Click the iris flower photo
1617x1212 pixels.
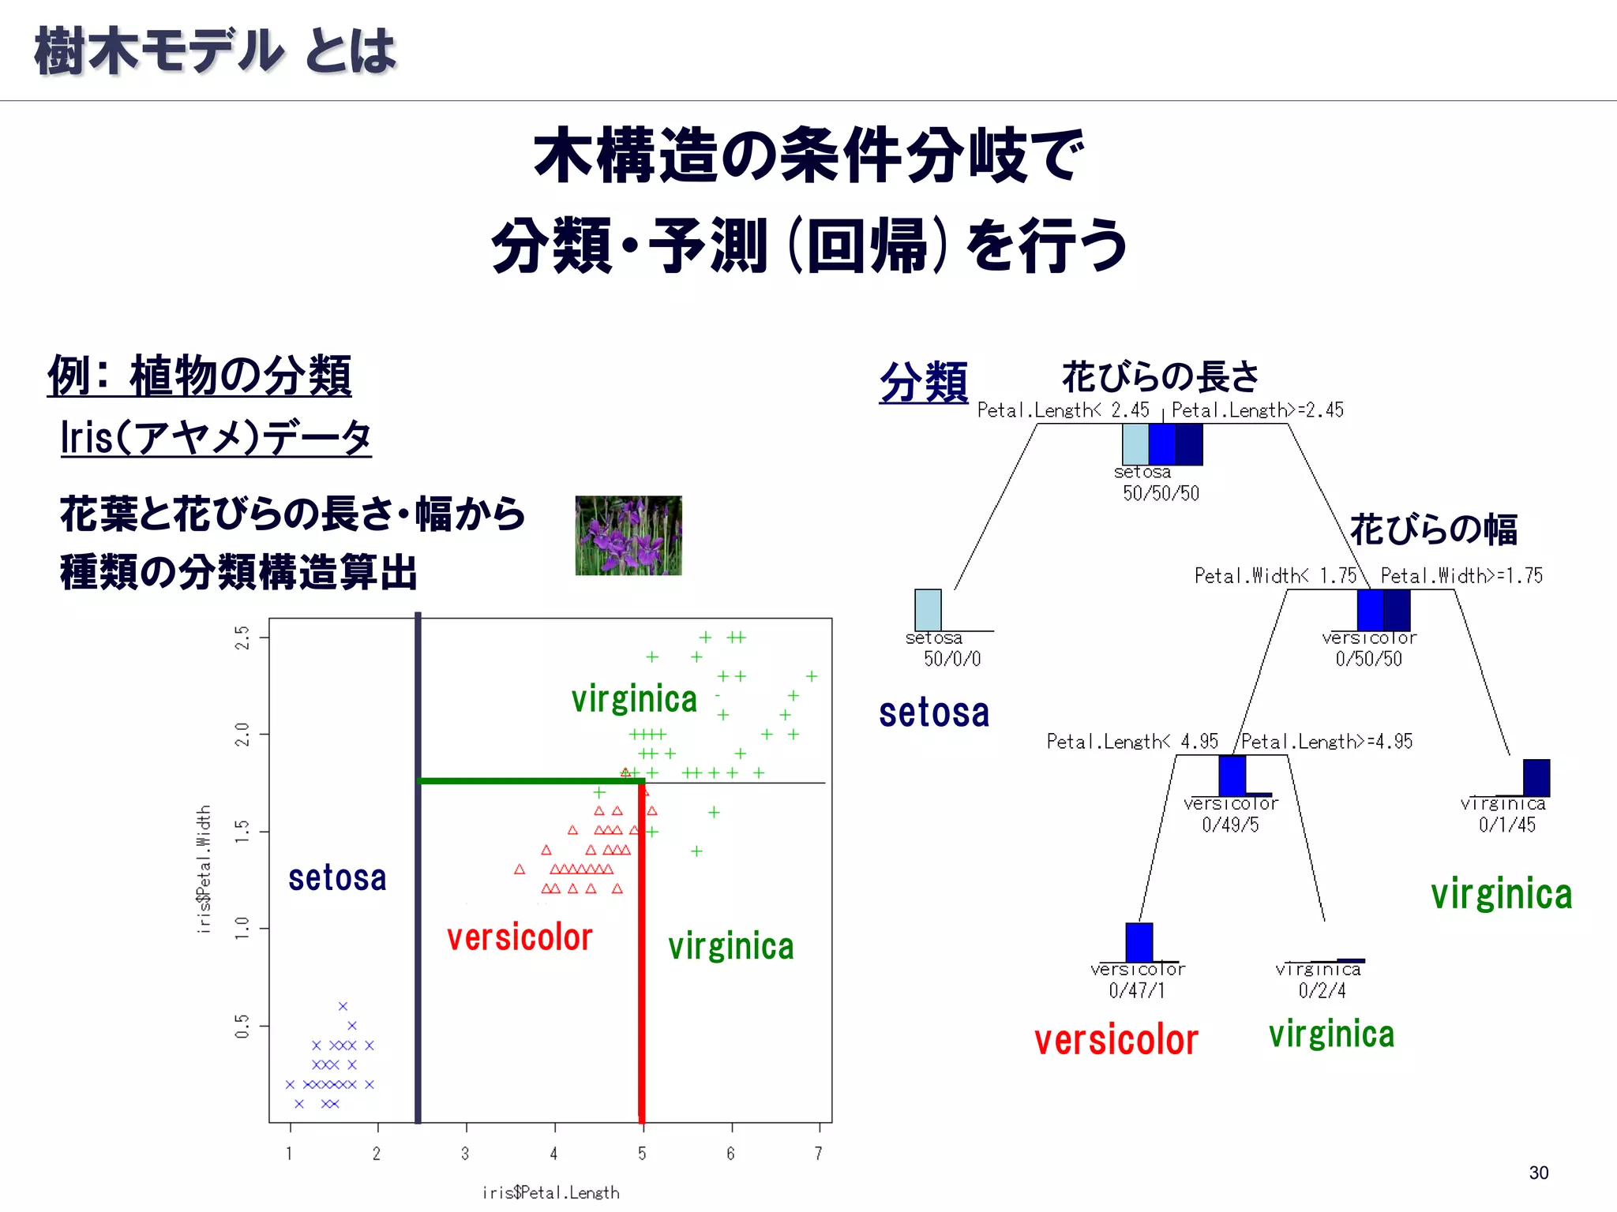click(x=628, y=535)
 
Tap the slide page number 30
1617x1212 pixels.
click(x=1538, y=1173)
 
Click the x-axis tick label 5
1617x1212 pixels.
click(x=642, y=1154)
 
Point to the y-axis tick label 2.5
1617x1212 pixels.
click(x=242, y=638)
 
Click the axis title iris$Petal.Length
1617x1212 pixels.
click(x=550, y=1192)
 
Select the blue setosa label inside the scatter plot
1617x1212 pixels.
click(x=337, y=878)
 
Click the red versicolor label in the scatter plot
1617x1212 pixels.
click(x=520, y=937)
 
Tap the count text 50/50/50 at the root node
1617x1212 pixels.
click(x=1161, y=493)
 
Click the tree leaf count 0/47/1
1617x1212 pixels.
click(x=1136, y=990)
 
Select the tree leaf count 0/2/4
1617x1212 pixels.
click(x=1322, y=990)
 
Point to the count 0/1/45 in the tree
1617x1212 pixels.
click(x=1506, y=825)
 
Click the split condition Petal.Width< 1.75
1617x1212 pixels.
click(x=1274, y=576)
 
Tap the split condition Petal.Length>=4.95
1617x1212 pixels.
click(x=1326, y=742)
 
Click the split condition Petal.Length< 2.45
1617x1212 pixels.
click(x=1063, y=410)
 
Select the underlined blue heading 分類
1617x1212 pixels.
click(x=923, y=382)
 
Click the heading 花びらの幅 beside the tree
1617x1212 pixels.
click(x=1433, y=529)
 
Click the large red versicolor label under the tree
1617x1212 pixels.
click(x=1116, y=1040)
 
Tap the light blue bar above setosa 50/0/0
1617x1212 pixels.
click(x=928, y=609)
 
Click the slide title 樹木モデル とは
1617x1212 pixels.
click(x=215, y=51)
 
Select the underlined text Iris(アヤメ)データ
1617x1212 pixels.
click(x=216, y=437)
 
